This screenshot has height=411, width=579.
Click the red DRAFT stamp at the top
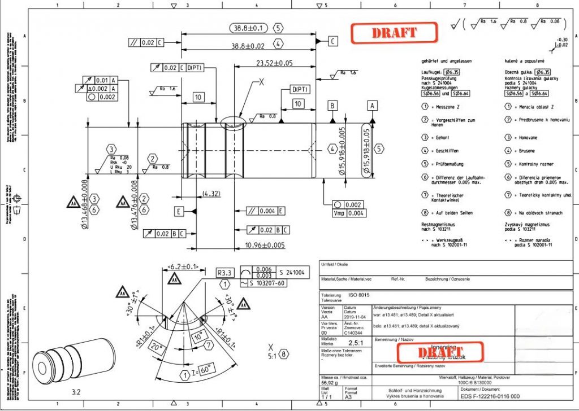point(394,33)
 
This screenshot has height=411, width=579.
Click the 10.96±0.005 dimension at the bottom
point(265,245)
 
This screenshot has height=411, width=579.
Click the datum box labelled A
point(372,106)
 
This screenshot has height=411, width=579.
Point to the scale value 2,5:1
point(355,343)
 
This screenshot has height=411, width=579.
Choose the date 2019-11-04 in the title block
point(355,317)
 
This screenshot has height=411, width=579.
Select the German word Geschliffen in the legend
point(448,151)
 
